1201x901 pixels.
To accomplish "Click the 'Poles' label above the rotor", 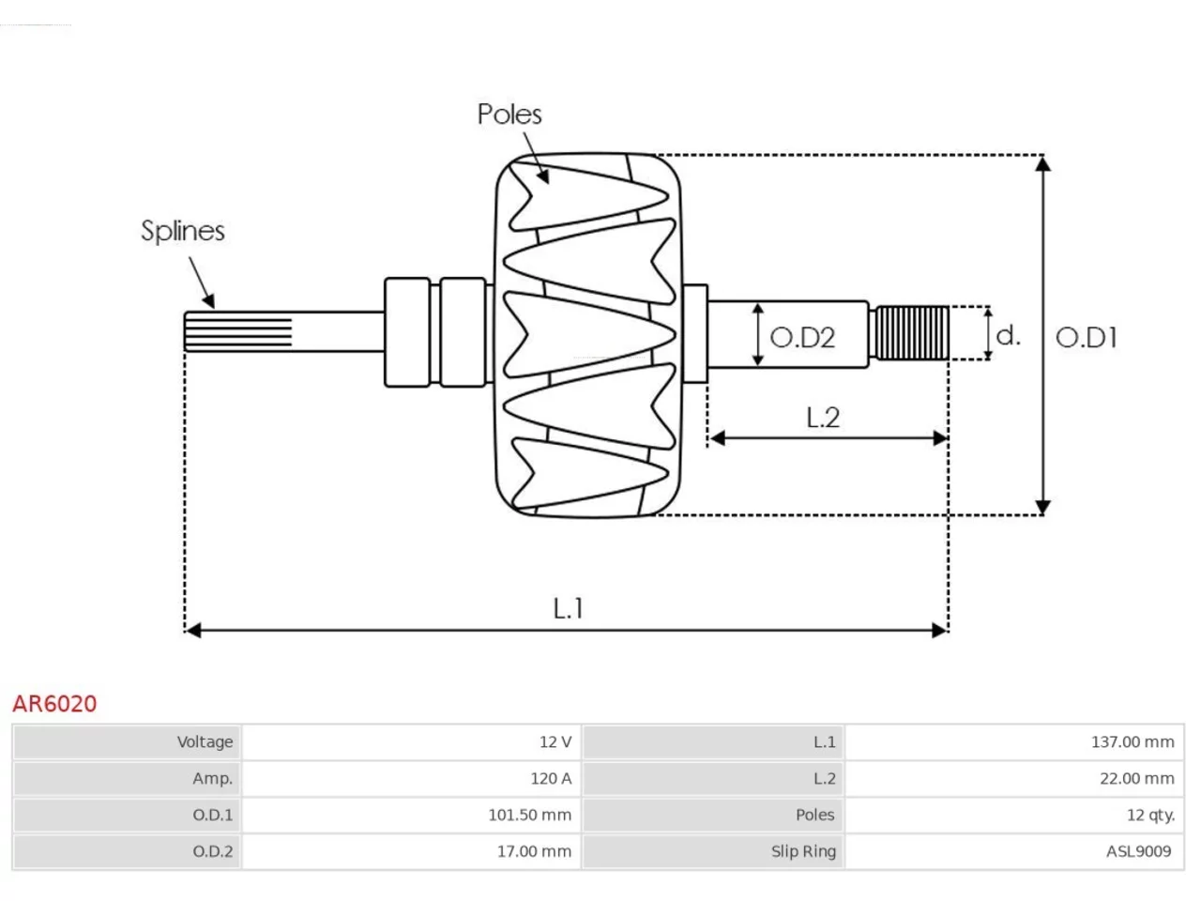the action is point(509,115).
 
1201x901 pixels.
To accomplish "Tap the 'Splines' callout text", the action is point(183,231).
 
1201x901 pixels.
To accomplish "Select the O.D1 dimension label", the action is point(1087,338).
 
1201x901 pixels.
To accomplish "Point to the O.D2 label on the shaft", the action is point(802,338).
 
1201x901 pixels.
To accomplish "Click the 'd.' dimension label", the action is point(1008,335).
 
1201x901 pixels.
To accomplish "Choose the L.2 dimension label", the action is point(823,418).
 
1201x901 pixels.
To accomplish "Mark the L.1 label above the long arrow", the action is point(568,608).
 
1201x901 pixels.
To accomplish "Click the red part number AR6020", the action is point(54,704).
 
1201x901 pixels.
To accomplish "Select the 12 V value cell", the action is point(555,741).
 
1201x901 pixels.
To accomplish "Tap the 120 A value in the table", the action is point(551,778).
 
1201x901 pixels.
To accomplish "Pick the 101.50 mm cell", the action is point(529,815).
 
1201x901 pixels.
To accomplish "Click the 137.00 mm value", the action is point(1133,741).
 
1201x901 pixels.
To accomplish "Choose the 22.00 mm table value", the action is point(1137,778).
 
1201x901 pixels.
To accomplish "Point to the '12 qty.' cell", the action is point(1150,815).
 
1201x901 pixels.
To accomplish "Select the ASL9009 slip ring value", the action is point(1139,852).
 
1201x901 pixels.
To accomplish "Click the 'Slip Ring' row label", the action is point(803,852).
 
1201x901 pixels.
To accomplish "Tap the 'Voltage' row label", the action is point(205,741).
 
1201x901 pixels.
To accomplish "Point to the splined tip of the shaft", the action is point(238,331).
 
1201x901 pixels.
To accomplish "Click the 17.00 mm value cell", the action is point(534,852).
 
